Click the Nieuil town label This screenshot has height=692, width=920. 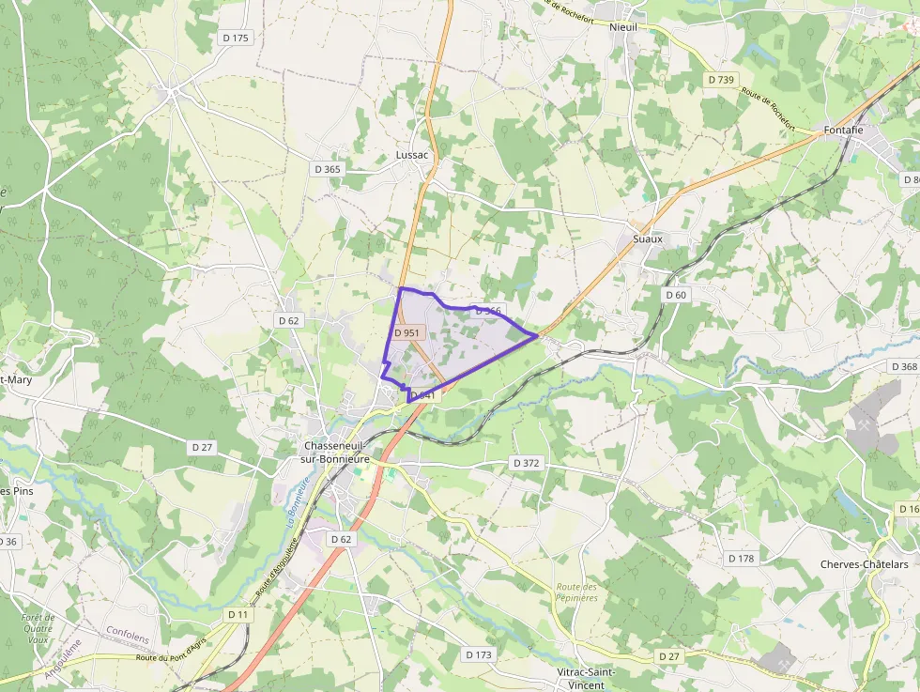623,27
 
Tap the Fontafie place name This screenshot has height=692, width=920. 842,130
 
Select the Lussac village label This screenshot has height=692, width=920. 412,155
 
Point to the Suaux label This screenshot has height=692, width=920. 648,238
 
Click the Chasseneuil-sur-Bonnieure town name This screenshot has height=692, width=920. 332,453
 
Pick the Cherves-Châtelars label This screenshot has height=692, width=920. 865,564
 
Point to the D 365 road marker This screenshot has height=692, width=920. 327,169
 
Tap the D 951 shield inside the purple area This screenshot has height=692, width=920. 407,332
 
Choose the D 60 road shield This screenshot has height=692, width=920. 676,295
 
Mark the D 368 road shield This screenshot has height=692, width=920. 903,366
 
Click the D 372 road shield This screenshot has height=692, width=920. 527,463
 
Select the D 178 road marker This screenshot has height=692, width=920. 741,558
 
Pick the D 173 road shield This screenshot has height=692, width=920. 479,654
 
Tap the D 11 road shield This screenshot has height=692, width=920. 238,614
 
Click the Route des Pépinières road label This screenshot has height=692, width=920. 576,592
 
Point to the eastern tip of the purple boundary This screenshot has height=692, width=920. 537,334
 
